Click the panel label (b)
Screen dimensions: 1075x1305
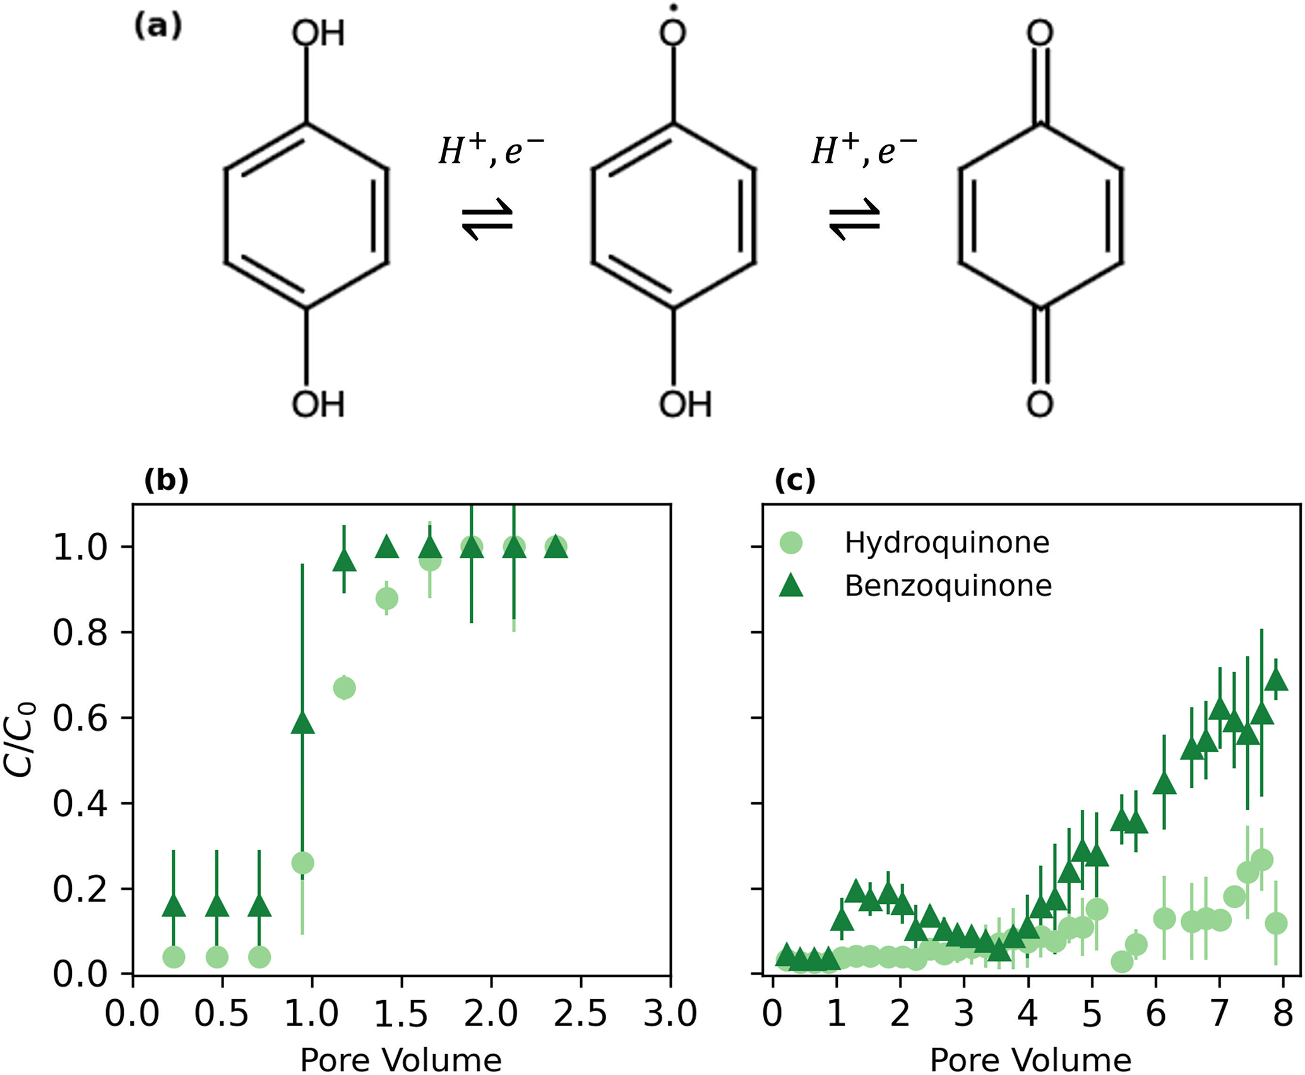pos(167,481)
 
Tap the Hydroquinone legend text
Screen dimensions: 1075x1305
pos(947,543)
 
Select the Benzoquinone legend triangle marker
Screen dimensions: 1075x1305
pos(791,585)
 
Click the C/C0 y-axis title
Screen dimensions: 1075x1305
pos(20,739)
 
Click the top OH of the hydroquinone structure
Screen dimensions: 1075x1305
pos(318,33)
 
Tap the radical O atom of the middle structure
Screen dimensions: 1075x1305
pos(673,32)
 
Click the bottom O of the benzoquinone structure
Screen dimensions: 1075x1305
pos(1040,404)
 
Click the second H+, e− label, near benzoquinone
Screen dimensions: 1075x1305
pos(864,151)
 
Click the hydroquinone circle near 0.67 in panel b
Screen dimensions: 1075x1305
pos(344,687)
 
